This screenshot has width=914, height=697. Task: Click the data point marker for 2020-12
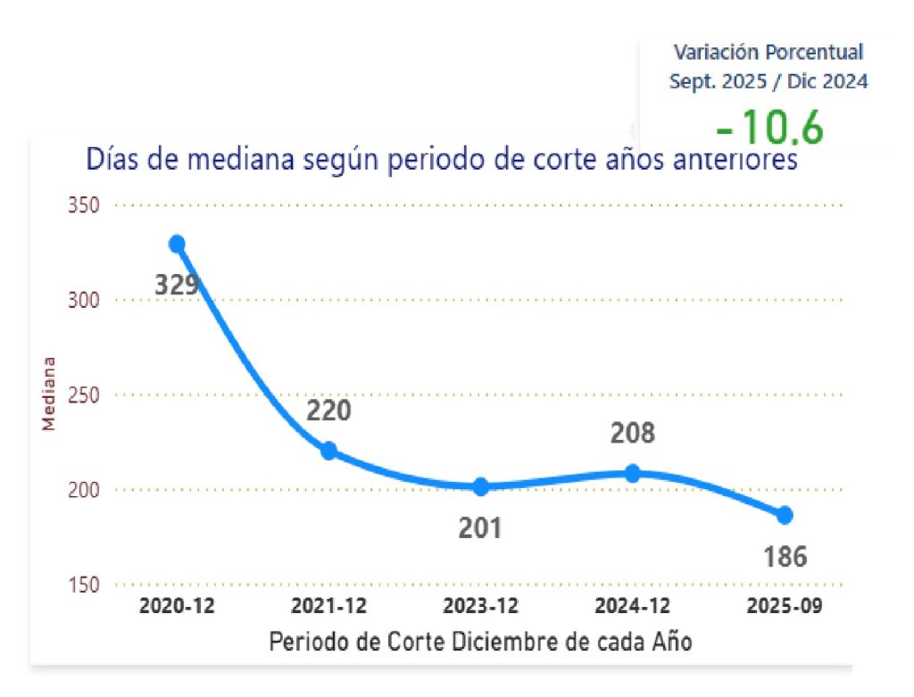coord(177,244)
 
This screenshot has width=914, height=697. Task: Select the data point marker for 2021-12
coord(328,451)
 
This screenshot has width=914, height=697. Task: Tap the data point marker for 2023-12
coord(481,486)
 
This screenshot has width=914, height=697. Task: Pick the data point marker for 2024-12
coord(633,473)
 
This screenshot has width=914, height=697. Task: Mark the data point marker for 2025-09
coord(785,515)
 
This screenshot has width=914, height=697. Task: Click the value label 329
coord(176,286)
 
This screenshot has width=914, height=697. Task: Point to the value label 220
coord(328,411)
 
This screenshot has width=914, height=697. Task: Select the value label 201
coord(481,527)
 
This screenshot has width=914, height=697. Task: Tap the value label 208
coord(633,434)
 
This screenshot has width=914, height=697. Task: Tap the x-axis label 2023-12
coord(481,606)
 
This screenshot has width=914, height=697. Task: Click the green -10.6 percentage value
coord(769,129)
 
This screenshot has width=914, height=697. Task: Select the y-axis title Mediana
coord(50,394)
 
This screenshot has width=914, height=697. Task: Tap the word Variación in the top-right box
coord(710,52)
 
